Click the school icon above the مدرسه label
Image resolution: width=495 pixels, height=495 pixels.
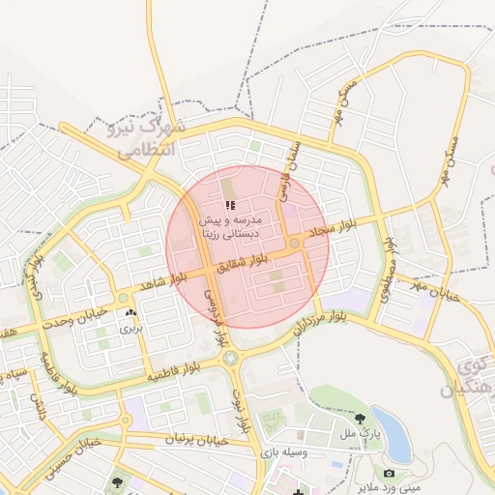pos(229,205)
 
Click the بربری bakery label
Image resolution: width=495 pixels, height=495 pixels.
pos(130,330)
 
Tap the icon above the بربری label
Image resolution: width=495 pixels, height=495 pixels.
pos(131,313)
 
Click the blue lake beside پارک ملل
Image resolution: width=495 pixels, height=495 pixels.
pos(392,426)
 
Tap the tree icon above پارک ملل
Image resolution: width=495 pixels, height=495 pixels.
pos(361,420)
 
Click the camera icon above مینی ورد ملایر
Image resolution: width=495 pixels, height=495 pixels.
pos(389,474)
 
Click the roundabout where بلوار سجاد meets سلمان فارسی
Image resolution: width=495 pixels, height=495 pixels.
pos(294,244)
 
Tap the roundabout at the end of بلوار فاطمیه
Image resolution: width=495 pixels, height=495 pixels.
pos(230,359)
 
